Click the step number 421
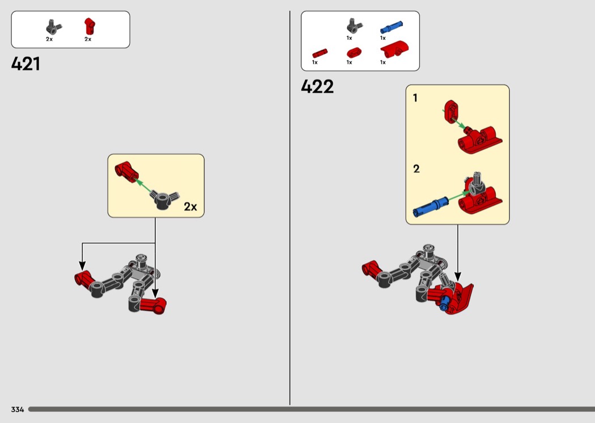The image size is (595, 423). pos(26,64)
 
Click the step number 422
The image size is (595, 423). pos(317,87)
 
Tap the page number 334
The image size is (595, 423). pos(18,409)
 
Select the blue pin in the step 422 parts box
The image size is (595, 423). pos(391,28)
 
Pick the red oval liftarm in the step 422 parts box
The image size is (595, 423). pos(354,52)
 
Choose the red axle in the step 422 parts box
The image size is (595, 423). pos(320,53)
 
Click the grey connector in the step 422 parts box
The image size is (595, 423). pos(354,26)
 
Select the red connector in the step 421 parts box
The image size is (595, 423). pos(90,27)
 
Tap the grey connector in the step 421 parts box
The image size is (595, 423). pos(53,27)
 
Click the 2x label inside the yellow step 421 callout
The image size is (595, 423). pos(190,206)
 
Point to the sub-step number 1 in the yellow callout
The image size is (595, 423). pos(415,98)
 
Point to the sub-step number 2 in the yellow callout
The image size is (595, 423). pos(416,168)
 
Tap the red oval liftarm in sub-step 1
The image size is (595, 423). pos(452,112)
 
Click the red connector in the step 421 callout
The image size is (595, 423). pos(127,172)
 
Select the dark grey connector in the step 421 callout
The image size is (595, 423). pos(164,200)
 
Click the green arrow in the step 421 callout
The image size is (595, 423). pos(144,185)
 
